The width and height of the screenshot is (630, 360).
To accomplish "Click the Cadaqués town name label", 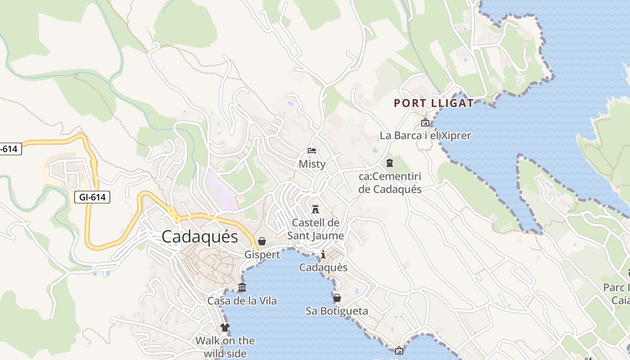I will pyautogui.click(x=199, y=236).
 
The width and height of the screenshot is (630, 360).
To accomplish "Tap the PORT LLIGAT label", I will pyautogui.click(x=434, y=103).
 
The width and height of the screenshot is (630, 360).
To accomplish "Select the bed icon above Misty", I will pyautogui.click(x=312, y=151).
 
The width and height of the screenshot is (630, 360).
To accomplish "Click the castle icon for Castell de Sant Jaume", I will pyautogui.click(x=315, y=209).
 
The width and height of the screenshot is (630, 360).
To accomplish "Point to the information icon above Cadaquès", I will pyautogui.click(x=323, y=255).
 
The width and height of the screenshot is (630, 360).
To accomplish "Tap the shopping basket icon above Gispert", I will pyautogui.click(x=262, y=241).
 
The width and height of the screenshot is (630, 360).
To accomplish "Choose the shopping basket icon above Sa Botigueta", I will pyautogui.click(x=337, y=298).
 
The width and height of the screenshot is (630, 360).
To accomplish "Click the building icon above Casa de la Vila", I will pyautogui.click(x=242, y=288).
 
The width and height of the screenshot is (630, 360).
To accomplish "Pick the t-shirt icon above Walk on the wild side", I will pyautogui.click(x=225, y=328).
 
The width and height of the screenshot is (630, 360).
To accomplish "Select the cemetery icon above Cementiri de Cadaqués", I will pyautogui.click(x=390, y=163).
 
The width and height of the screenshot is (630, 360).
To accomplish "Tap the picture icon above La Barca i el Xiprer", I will pyautogui.click(x=425, y=122).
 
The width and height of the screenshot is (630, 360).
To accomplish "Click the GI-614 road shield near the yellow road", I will pyautogui.click(x=92, y=197).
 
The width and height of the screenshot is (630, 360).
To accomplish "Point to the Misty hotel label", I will pyautogui.click(x=312, y=164).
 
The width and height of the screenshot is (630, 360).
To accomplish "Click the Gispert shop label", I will pyautogui.click(x=262, y=255).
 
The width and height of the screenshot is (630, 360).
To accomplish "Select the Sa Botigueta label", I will pyautogui.click(x=337, y=311).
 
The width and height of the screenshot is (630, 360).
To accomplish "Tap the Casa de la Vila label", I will pyautogui.click(x=242, y=301).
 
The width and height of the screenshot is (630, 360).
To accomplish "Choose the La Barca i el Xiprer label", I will pyautogui.click(x=425, y=135).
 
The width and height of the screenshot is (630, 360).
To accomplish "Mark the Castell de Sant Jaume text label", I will pyautogui.click(x=315, y=229).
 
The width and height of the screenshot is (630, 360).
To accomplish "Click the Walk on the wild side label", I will pyautogui.click(x=225, y=347).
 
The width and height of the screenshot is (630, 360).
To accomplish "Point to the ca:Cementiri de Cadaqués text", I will pyautogui.click(x=390, y=183).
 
